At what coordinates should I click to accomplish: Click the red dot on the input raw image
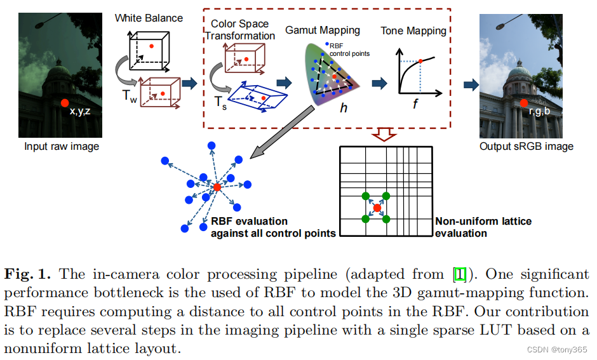click(x=64, y=103)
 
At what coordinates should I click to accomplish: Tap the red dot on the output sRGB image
click(x=523, y=103)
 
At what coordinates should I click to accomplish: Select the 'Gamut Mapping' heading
click(x=322, y=30)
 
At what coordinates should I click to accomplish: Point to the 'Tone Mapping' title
click(x=413, y=30)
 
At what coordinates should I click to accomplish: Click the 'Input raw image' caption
click(x=62, y=147)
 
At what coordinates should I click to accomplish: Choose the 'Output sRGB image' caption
click(x=526, y=147)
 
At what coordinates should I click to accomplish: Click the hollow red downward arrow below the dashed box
click(x=384, y=134)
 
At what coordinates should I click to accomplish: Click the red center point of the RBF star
click(x=217, y=187)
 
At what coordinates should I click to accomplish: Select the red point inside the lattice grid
click(x=377, y=208)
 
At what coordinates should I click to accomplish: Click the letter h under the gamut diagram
click(x=344, y=109)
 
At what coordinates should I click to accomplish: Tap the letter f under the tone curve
click(x=415, y=104)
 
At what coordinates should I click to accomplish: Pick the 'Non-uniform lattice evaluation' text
click(x=483, y=227)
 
